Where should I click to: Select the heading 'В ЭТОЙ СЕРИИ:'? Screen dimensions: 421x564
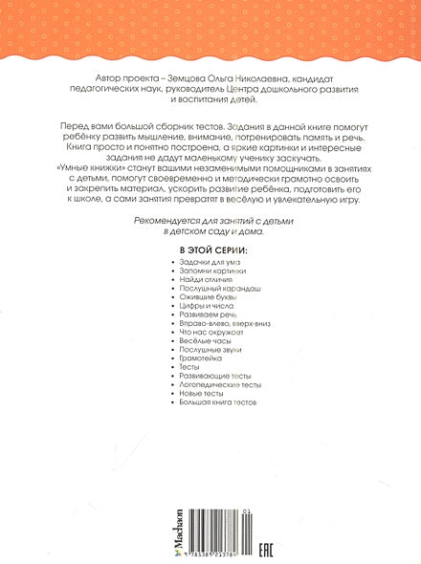[212, 275]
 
